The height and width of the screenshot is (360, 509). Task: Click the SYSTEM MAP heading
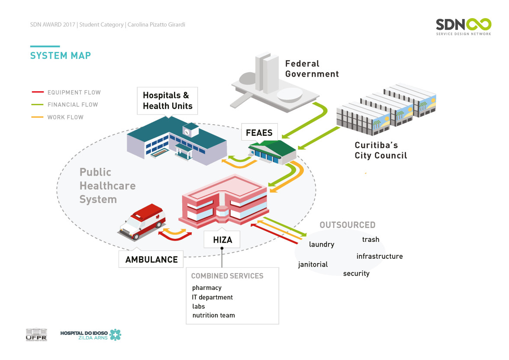coord(60,55)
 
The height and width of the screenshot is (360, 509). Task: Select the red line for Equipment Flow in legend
coord(38,92)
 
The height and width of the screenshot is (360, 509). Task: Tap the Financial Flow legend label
coord(73,105)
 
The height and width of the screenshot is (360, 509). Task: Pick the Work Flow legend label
coord(65,117)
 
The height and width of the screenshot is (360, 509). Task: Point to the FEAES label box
coord(259,133)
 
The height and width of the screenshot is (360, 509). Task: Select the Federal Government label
coord(312,69)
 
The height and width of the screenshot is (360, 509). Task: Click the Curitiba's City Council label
coord(381,150)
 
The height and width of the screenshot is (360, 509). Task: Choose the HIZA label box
coord(222,239)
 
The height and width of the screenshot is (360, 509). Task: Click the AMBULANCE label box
coord(151,260)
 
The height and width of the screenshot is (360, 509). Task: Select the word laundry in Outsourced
coord(322,244)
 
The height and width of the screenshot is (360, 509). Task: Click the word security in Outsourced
coord(356,273)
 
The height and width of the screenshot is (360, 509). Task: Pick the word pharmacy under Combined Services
coord(207,288)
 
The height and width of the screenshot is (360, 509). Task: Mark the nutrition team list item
coord(214,315)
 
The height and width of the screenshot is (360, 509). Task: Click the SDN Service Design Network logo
coord(463,26)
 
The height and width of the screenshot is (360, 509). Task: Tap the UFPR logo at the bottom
coord(36,334)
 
